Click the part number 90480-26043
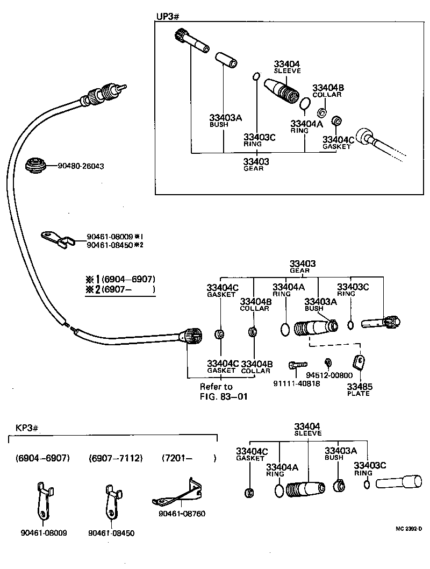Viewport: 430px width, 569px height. pyautogui.click(x=81, y=167)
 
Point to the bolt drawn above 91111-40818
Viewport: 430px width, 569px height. pyautogui.click(x=296, y=365)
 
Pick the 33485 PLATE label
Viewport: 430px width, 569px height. pyautogui.click(x=358, y=389)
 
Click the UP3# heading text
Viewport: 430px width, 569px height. pyautogui.click(x=167, y=17)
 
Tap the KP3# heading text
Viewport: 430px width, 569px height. pyautogui.click(x=25, y=428)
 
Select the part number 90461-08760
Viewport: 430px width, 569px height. pyautogui.click(x=182, y=514)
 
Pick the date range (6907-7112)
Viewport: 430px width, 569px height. pyautogui.click(x=116, y=458)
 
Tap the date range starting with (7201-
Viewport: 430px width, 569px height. pyautogui.click(x=189, y=458)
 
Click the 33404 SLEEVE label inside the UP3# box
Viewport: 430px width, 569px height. pyautogui.click(x=287, y=67)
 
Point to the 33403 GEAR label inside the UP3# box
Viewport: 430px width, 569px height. pyautogui.click(x=256, y=164)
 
